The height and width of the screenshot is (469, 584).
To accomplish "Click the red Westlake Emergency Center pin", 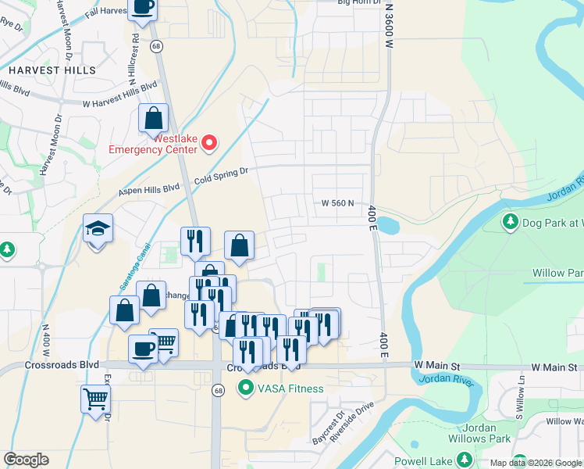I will tap(209, 142).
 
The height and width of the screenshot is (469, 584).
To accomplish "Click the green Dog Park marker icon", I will tap(511, 222).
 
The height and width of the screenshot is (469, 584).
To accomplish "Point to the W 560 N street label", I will tap(344, 203).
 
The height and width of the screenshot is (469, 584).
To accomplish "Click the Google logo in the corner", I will tap(26, 460).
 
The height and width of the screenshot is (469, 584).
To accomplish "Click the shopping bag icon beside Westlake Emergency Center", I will tap(154, 119).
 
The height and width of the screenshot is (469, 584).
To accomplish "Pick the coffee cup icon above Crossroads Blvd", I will tap(142, 348).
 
